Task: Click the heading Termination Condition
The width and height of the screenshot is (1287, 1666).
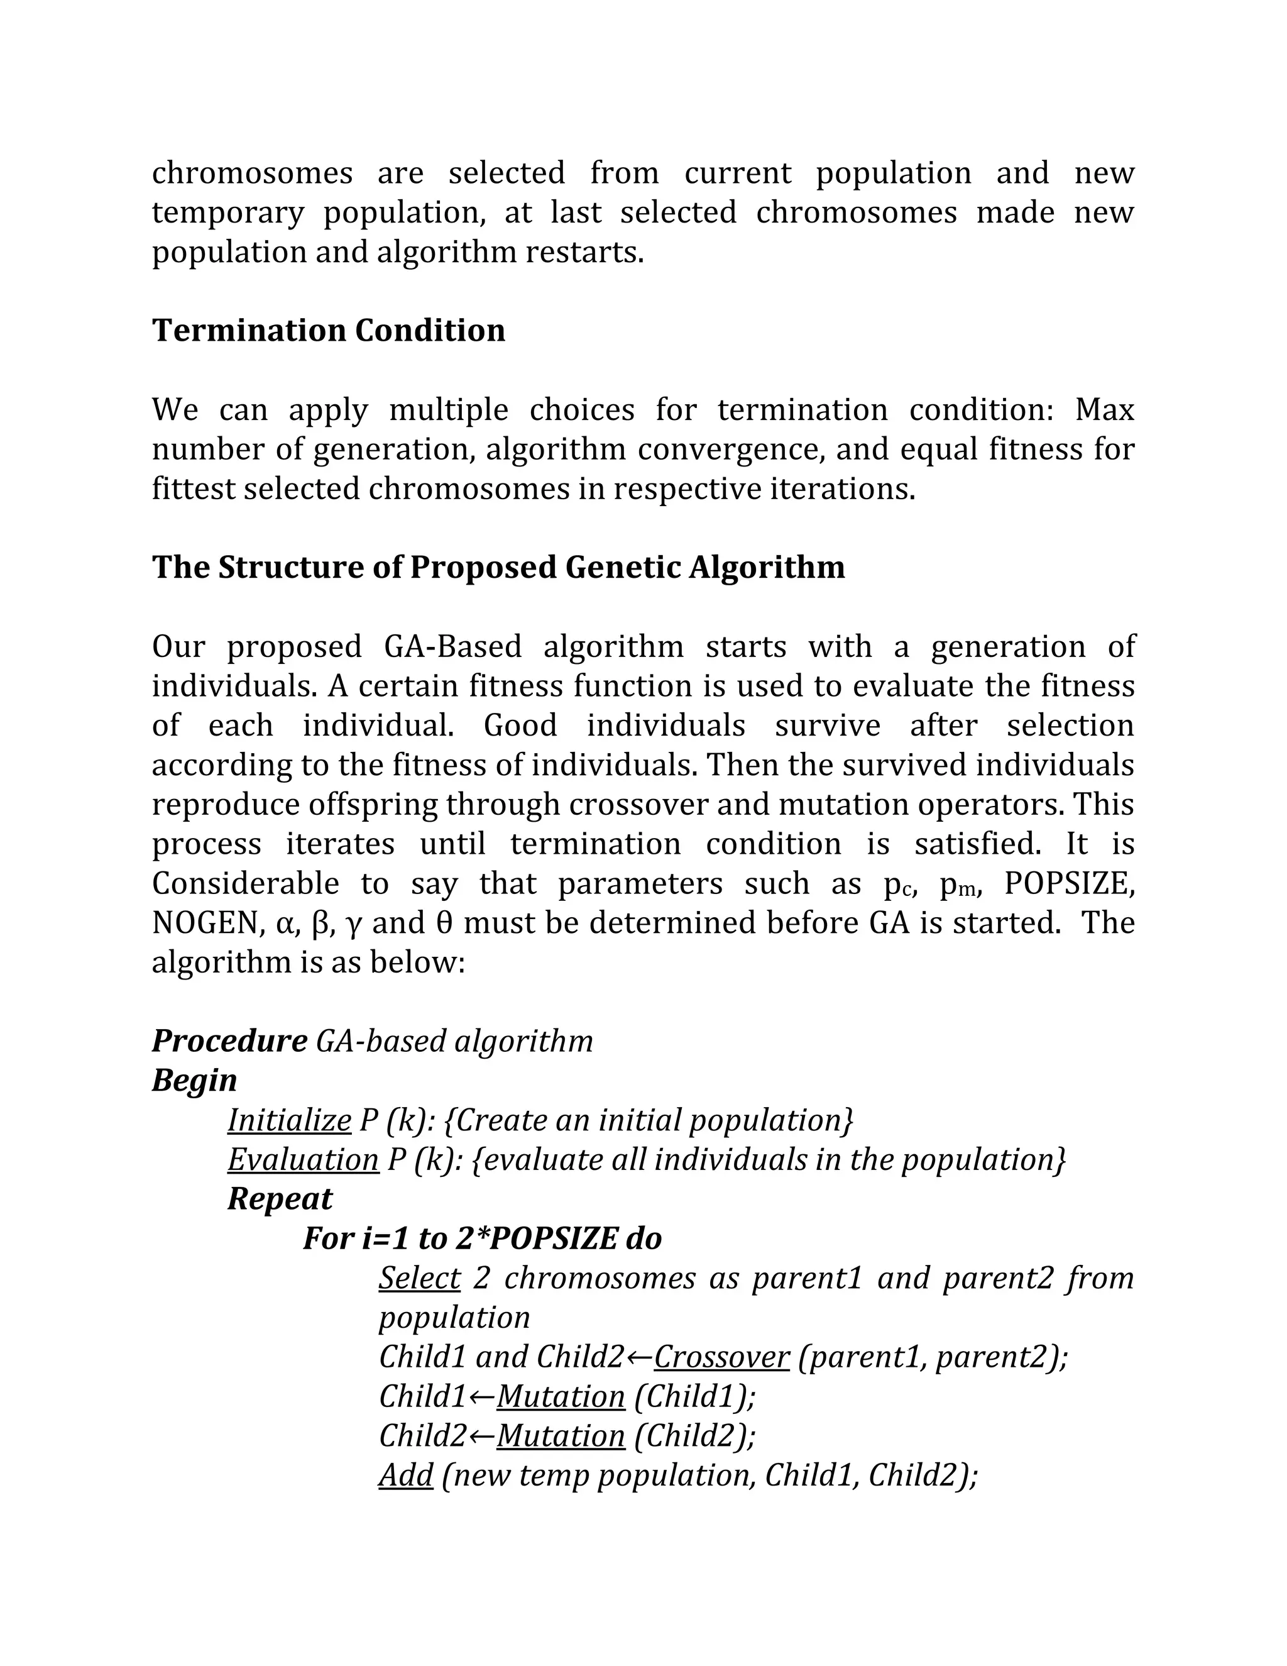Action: (329, 330)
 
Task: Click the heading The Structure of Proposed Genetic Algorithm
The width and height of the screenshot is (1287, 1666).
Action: (498, 568)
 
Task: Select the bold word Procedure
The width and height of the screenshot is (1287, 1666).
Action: (229, 1041)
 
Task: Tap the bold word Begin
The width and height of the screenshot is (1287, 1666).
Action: (194, 1081)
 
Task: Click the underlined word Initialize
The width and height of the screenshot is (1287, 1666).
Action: (289, 1120)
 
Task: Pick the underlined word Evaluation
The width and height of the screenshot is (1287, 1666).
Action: (303, 1161)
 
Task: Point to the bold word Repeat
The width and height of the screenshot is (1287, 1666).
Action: (280, 1199)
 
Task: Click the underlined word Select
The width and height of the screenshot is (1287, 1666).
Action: (419, 1279)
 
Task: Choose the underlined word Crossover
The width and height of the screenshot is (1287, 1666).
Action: (721, 1357)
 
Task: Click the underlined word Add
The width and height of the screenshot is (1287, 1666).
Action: (405, 1476)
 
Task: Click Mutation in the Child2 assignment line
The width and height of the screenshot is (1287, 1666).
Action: (561, 1437)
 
